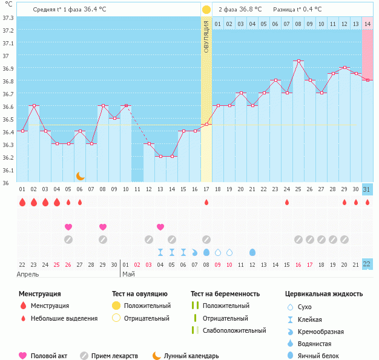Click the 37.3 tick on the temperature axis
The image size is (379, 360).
coord(8,18)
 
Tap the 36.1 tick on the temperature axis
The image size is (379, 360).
coord(8,170)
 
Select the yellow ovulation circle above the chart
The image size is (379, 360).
coord(206,10)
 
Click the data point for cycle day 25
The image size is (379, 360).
coord(298,61)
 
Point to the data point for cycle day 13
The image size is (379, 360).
coord(160,156)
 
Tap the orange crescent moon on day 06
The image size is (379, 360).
coord(80,175)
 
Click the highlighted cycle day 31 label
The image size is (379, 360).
coord(367,189)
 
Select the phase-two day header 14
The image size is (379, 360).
coord(367,24)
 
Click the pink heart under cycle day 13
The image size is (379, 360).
coord(160,227)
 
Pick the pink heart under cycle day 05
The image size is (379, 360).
coord(68,227)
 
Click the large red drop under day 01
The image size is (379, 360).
coord(22,202)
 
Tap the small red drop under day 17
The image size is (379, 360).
coord(206,202)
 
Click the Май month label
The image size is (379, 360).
coord(128,274)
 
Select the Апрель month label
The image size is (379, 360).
coord(28,274)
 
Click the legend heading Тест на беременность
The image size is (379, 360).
coord(225,293)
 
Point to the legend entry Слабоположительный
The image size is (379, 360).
coord(234,330)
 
